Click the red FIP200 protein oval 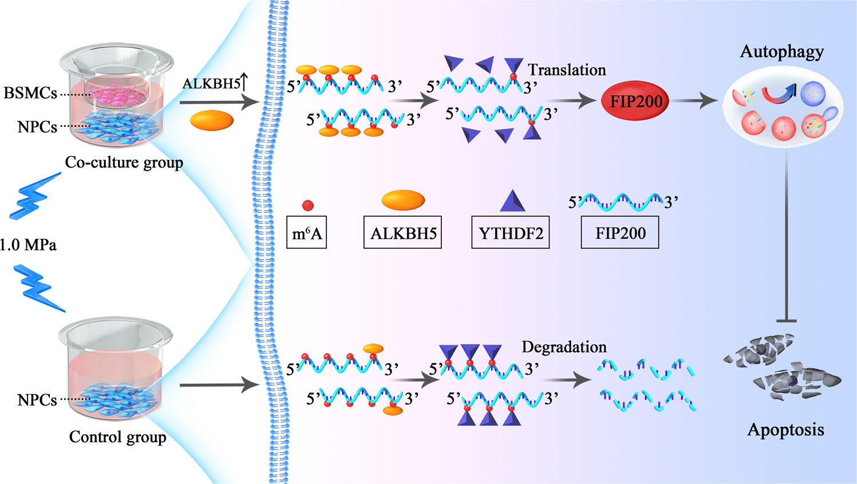click(x=635, y=101)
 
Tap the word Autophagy click(x=781, y=52)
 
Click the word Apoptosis click(x=785, y=430)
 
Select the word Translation click(x=567, y=70)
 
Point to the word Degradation click(x=564, y=347)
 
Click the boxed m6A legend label click(x=306, y=233)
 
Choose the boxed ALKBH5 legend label click(x=402, y=233)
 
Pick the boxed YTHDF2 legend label click(x=510, y=233)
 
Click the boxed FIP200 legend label click(x=620, y=233)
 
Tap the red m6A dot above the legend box click(x=308, y=205)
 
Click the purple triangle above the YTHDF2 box click(x=512, y=202)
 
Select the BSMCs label click(x=30, y=93)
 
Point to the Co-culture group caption click(x=124, y=163)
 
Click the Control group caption click(x=117, y=437)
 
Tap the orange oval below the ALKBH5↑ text click(x=212, y=120)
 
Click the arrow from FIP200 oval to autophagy click(x=694, y=101)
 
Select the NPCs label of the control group click(x=37, y=400)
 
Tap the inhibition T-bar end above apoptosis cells click(x=786, y=321)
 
